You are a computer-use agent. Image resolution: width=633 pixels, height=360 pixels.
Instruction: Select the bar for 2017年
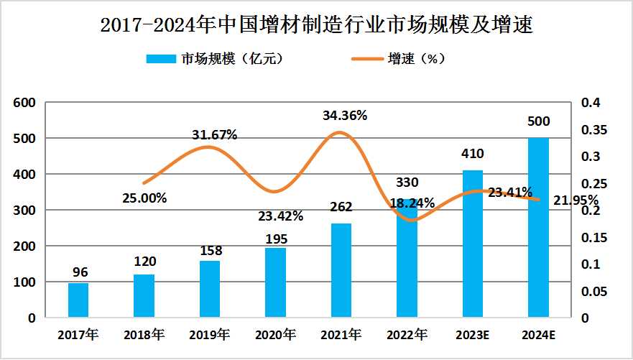[78, 300]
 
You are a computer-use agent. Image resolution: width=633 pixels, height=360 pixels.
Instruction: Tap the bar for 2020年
[275, 282]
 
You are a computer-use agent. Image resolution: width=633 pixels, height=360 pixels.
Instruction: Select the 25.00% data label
[144, 198]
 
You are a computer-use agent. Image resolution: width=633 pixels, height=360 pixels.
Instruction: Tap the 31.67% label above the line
[214, 134]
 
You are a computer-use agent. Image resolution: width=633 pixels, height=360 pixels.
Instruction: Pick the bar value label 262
[341, 207]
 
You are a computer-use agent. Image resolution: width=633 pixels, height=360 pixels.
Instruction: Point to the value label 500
[539, 121]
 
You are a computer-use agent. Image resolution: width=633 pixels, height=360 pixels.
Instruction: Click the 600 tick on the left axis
[26, 103]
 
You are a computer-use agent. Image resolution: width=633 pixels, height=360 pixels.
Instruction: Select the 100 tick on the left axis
[26, 282]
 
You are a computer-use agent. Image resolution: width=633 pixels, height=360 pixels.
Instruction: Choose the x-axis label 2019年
[209, 335]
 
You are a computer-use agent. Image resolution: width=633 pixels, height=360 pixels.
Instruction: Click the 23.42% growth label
[280, 216]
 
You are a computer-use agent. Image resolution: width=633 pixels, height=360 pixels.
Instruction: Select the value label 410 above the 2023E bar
[473, 153]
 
